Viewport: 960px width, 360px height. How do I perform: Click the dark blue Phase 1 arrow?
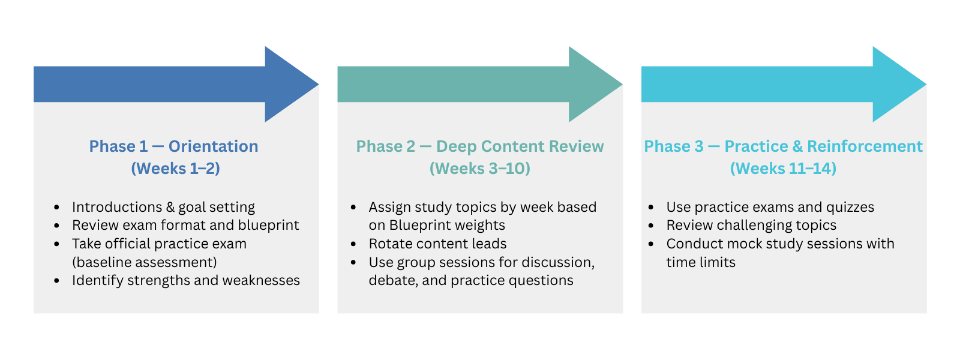pos(176,84)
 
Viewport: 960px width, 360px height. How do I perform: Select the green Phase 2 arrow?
pos(480,84)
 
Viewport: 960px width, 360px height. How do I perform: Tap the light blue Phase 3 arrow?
pos(784,84)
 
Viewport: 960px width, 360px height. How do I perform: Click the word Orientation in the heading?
pos(214,146)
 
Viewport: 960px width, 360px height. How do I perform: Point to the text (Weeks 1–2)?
pos(176,169)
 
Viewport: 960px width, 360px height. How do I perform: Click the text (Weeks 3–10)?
pos(480,169)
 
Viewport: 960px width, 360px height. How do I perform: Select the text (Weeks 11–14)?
pos(784,169)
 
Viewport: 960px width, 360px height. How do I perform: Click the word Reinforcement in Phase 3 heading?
pos(865,146)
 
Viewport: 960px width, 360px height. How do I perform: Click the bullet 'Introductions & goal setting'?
pos(163,208)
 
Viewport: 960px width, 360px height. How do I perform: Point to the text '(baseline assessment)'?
pos(145,262)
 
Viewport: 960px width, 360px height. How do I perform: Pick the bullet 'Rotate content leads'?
pos(437,244)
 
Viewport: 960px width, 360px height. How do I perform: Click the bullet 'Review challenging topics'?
pos(751,226)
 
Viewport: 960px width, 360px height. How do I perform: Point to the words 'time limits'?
pos(701,262)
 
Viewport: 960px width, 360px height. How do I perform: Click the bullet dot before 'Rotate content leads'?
pos(353,244)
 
